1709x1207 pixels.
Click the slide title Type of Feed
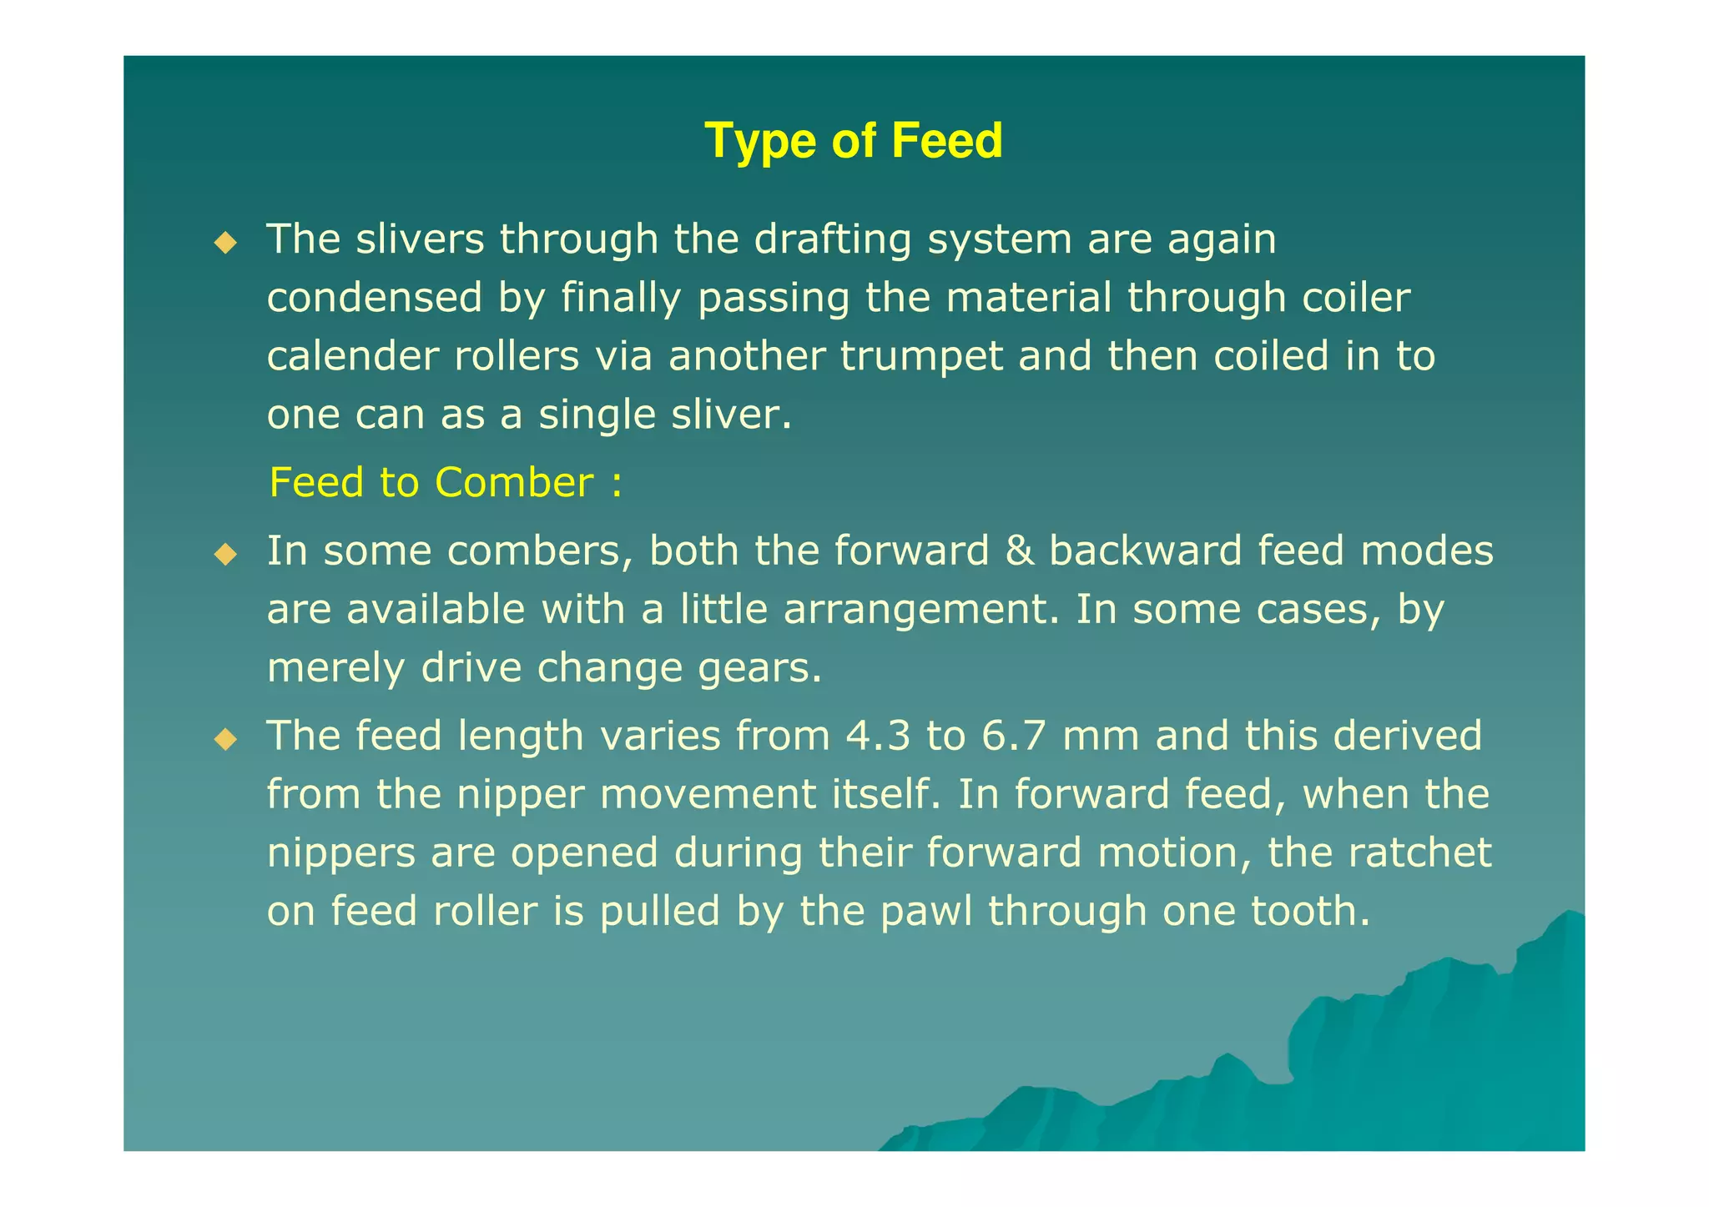pos(853,140)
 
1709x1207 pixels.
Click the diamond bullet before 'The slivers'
pos(225,243)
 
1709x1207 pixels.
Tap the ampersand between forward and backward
pos(1018,551)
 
